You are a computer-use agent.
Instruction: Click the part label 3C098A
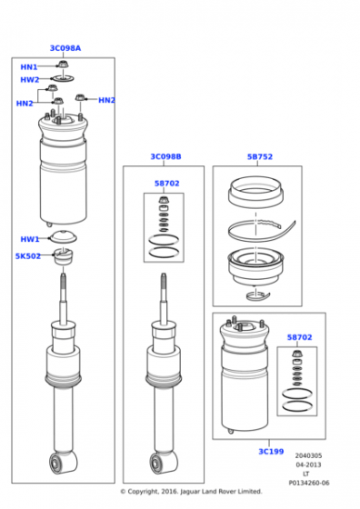click(x=65, y=48)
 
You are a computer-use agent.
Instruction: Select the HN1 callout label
click(x=29, y=67)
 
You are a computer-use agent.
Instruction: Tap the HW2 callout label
click(x=29, y=80)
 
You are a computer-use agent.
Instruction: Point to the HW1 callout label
click(x=29, y=239)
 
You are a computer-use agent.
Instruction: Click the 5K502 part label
click(x=28, y=256)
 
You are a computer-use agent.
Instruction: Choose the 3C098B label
click(x=165, y=156)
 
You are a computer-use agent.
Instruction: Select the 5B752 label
click(x=260, y=156)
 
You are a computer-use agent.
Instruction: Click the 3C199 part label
click(x=271, y=451)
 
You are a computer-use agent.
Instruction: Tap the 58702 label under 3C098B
click(x=167, y=183)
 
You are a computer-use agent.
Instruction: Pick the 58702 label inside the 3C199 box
click(x=299, y=337)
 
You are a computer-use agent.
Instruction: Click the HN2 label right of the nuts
click(x=106, y=100)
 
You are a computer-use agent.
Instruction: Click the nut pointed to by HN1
click(x=62, y=65)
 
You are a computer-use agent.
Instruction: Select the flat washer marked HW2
click(x=63, y=78)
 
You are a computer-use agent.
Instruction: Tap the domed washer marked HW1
click(x=63, y=236)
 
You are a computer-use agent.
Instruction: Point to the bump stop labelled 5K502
click(x=64, y=256)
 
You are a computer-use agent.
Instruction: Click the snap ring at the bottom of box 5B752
click(x=258, y=295)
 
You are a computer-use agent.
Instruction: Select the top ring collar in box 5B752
click(x=255, y=193)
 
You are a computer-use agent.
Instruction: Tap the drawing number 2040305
click(x=308, y=455)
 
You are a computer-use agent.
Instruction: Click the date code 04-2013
click(x=308, y=464)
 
